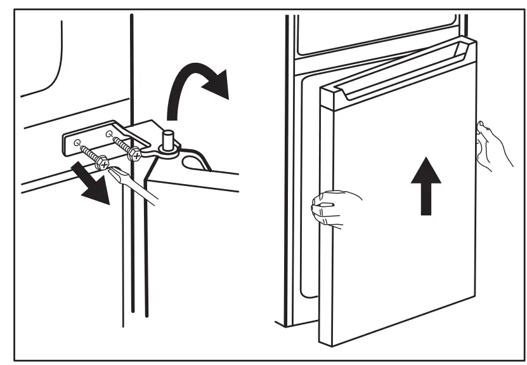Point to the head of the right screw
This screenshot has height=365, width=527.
134,154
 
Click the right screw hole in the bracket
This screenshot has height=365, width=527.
108,134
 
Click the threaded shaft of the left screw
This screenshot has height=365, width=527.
89,154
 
